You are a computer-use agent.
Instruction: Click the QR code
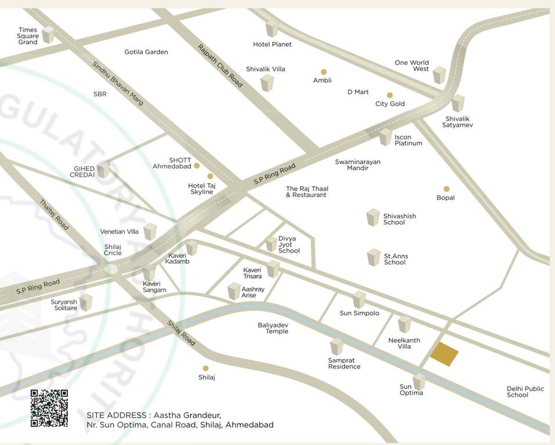[49, 408]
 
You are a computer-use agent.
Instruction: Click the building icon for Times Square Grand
[48, 34]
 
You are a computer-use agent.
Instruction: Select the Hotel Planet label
[272, 44]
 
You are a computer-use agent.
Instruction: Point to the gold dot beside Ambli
[324, 72]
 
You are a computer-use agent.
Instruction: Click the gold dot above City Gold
[390, 95]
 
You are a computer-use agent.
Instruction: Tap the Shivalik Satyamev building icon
[458, 103]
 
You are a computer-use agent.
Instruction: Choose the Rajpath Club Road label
[220, 65]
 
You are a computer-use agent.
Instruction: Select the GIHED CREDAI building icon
[103, 169]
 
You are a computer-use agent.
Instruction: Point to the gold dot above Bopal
[446, 189]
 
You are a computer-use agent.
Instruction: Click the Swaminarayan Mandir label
[358, 165]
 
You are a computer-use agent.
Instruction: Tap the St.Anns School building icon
[373, 257]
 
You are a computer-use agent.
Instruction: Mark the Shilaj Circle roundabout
[111, 268]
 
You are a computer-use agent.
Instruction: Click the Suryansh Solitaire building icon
[86, 302]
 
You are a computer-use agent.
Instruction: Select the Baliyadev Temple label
[273, 328]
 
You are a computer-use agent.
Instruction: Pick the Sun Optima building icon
[419, 381]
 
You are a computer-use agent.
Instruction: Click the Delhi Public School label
[517, 392]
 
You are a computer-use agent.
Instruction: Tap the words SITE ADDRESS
[116, 415]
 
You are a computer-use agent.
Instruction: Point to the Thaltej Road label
[54, 215]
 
